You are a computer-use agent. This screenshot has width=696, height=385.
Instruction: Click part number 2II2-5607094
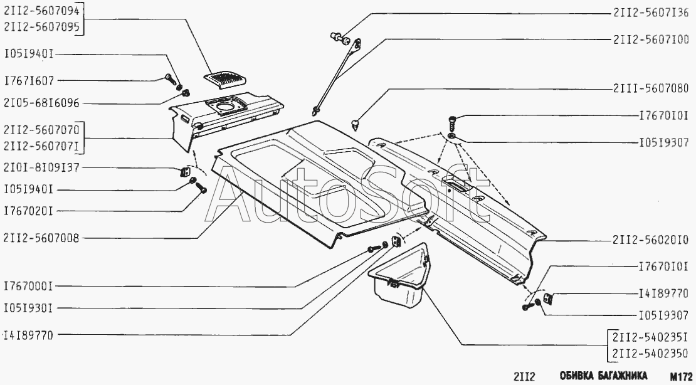click(x=41, y=11)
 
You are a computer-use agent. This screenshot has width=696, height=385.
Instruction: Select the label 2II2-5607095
click(x=41, y=26)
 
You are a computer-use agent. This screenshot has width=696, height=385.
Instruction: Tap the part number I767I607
click(x=29, y=80)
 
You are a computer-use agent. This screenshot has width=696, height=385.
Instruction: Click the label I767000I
click(x=29, y=286)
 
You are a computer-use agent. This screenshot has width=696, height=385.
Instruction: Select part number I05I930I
click(x=29, y=308)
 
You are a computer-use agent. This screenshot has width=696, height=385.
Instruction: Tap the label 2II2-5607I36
click(x=650, y=12)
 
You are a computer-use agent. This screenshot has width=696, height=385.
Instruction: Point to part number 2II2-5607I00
click(x=650, y=39)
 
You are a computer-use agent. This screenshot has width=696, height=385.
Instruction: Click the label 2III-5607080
click(x=650, y=88)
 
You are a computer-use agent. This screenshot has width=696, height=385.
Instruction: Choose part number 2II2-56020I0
click(x=650, y=240)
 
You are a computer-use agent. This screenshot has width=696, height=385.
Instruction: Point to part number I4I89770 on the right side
click(x=663, y=293)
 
